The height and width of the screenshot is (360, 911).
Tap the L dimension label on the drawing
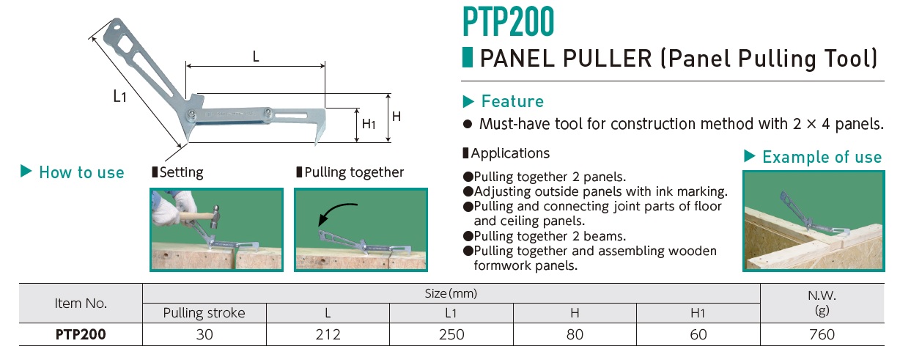256,56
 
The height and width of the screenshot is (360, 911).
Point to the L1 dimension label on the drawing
119,96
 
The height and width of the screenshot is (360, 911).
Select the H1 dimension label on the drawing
369,124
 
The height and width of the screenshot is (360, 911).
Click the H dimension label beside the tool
397,117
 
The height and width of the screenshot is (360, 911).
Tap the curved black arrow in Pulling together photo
336,213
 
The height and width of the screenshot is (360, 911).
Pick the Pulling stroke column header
204,313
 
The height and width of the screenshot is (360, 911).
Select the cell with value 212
328,334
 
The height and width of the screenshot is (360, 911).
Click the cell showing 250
451,334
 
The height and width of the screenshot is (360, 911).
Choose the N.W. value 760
822,334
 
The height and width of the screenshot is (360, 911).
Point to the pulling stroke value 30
204,334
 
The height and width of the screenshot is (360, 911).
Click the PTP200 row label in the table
81,334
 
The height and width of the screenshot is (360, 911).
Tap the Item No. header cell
81,304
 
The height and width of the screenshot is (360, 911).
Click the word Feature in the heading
512,101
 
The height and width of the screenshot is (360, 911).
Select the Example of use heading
822,157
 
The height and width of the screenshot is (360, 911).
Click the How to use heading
81,172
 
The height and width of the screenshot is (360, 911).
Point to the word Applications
510,153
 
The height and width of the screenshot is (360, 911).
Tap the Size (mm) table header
451,293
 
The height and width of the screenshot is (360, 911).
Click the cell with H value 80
575,334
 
